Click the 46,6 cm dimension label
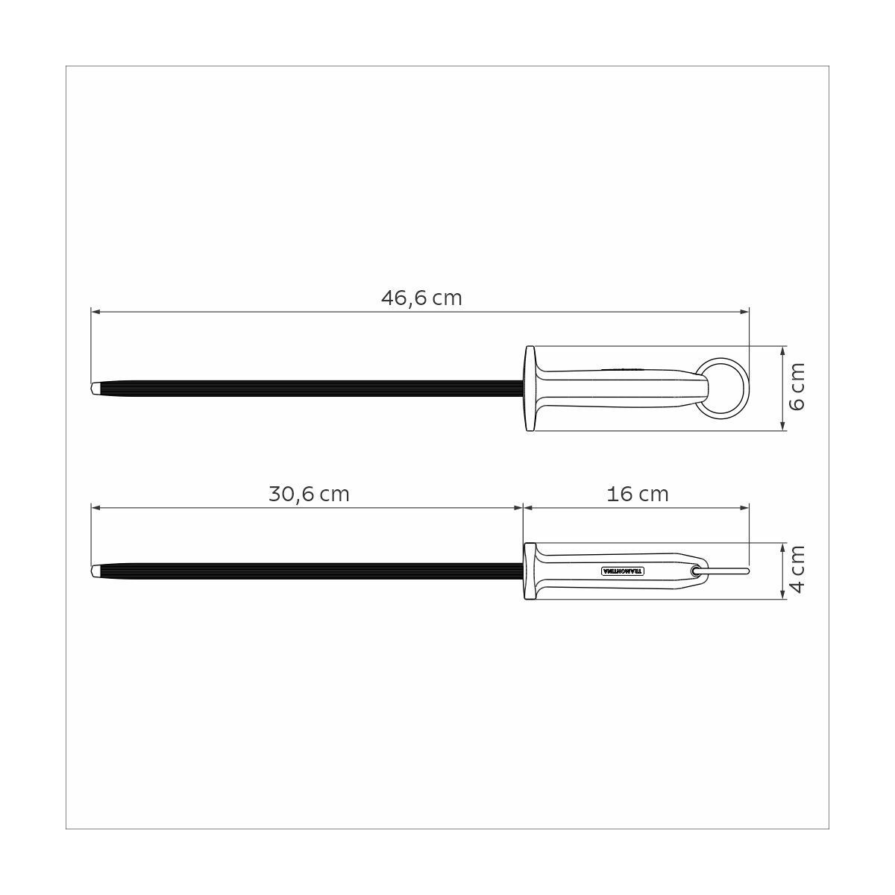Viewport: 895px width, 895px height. (x=421, y=298)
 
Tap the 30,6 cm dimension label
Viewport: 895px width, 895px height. (x=309, y=494)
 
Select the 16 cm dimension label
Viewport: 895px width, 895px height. (x=638, y=494)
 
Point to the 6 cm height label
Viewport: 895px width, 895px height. (x=797, y=388)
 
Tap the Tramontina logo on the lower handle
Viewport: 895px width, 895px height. (x=624, y=571)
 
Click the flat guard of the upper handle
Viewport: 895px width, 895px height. (x=530, y=389)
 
